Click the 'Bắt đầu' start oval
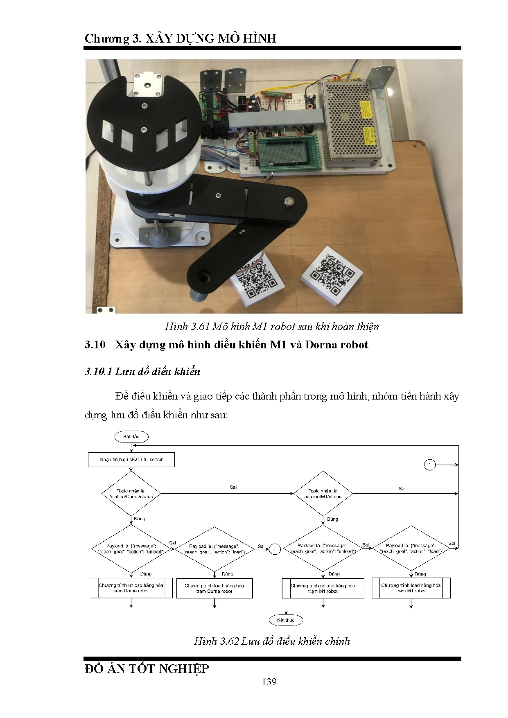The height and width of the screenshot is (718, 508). point(131,436)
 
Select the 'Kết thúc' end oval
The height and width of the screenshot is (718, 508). point(286,620)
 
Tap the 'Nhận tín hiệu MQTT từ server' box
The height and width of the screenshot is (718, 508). point(131,459)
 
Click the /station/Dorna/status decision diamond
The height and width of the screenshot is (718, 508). point(131,494)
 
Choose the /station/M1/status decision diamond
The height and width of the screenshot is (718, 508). point(323,494)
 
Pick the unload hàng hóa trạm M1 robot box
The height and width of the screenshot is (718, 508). point(323,588)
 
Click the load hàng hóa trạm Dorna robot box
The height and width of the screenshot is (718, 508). point(214,588)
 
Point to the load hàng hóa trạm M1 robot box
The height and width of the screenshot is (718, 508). point(411,588)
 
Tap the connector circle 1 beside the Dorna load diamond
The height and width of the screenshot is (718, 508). point(275,549)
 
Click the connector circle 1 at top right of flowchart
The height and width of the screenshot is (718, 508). point(429,465)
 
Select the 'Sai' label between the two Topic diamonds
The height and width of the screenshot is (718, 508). point(233,487)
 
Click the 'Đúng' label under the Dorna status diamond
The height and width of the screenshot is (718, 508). point(140,519)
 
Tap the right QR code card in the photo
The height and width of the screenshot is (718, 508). point(332,275)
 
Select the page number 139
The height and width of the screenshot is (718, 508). point(269,682)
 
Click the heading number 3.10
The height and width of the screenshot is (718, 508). point(95,345)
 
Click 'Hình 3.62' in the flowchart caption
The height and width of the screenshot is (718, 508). point(216,641)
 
